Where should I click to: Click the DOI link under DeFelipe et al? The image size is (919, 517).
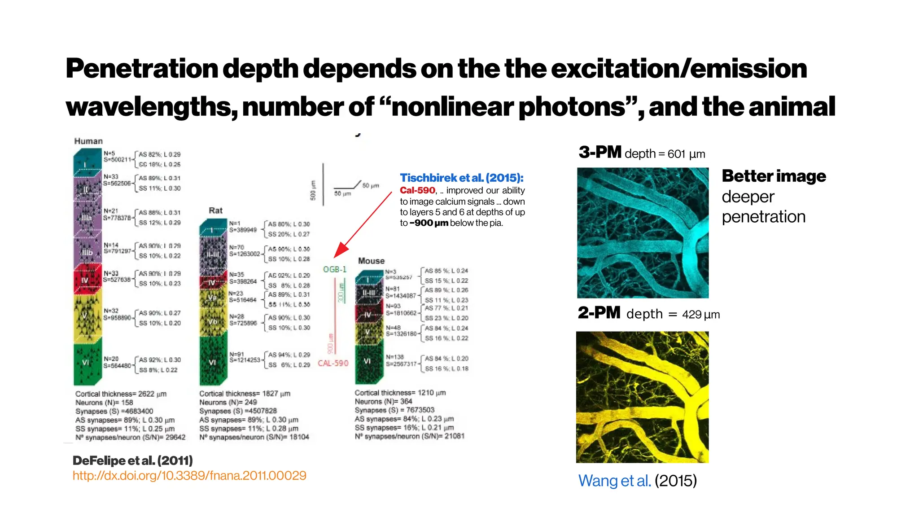tap(189, 476)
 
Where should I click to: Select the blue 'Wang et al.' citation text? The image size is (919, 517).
tap(614, 481)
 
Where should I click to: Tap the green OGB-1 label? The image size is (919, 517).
tap(335, 269)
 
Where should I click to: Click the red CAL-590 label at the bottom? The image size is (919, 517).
tap(333, 363)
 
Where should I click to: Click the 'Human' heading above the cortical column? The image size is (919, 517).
tap(88, 141)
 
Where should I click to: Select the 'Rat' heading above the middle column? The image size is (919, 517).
tap(215, 210)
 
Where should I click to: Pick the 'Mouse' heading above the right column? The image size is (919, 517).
tap(371, 261)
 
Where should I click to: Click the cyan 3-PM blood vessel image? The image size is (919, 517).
tap(643, 232)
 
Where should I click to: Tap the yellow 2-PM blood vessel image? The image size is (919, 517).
tap(642, 397)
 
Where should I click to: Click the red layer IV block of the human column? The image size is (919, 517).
tap(87, 279)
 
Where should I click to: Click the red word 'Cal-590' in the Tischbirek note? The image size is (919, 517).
tap(417, 190)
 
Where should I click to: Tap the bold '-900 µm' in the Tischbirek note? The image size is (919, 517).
tap(429, 223)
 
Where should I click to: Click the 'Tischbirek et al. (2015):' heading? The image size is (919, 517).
tap(462, 178)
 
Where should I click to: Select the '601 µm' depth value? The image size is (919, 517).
tap(686, 154)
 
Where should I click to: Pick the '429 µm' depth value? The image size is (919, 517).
tap(700, 314)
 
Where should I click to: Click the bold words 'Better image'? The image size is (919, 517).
tap(774, 176)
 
